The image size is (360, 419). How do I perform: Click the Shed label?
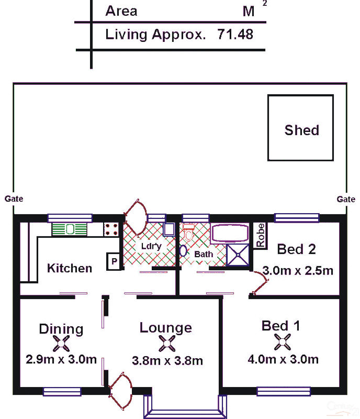coord(301,130)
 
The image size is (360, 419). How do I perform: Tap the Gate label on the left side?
coord(14,199)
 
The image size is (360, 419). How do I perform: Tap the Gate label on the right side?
coord(346,199)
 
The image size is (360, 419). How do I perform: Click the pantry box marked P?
coord(114,261)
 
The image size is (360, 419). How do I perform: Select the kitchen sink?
coord(70,229)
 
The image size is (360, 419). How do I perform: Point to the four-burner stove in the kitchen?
coord(111,229)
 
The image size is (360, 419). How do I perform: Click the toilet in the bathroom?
coord(189,232)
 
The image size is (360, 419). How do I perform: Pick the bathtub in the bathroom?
coord(230,233)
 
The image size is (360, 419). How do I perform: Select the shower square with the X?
coord(238,255)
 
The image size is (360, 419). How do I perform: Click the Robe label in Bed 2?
coord(260,235)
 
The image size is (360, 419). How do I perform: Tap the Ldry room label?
coord(151,246)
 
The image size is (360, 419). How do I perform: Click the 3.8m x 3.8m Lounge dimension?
coord(167,361)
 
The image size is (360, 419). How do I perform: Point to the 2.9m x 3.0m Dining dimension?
coord(61,359)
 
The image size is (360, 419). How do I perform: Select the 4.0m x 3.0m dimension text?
coord(283,359)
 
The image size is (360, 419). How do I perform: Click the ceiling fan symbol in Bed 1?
coord(282,342)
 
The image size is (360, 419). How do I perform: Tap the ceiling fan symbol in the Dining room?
coord(61,344)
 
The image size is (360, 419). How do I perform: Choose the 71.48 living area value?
coord(235,35)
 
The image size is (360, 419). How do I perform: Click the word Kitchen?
coord(70,268)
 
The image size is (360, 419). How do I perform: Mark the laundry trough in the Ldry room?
coord(169,229)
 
